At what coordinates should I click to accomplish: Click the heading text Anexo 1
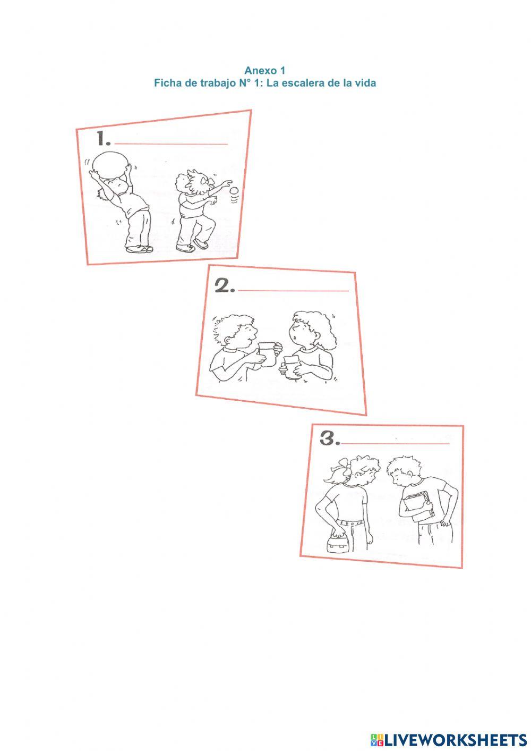(x=264, y=70)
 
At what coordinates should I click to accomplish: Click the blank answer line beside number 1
(x=171, y=144)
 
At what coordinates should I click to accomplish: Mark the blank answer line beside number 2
(x=293, y=291)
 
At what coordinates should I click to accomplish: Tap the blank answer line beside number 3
(x=395, y=443)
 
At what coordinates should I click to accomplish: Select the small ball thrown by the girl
(x=235, y=191)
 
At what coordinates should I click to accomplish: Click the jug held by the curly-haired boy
(x=267, y=354)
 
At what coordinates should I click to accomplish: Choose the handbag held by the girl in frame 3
(x=337, y=545)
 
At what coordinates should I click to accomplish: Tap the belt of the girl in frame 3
(x=350, y=522)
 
